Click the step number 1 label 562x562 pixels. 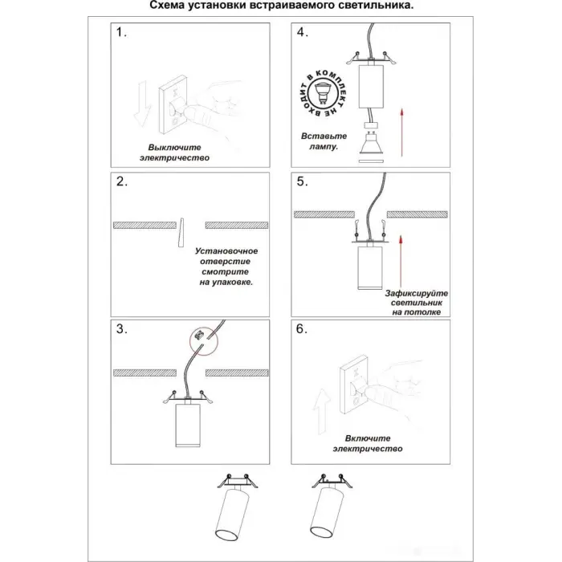(121, 34)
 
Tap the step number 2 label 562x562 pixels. (121, 182)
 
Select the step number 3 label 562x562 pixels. (121, 329)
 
